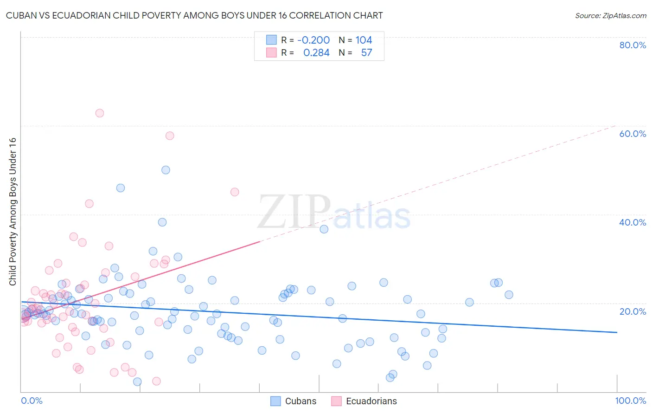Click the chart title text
194,15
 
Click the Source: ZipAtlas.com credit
610,15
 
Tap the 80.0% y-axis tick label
633,45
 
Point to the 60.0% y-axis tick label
633,134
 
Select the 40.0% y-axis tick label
633,222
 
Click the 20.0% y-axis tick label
633,311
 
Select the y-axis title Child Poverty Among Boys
13,212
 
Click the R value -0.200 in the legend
313,40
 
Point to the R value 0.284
316,52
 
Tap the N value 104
364,40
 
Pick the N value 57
366,52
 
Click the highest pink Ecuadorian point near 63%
99,113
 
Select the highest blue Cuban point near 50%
166,170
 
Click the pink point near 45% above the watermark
235,192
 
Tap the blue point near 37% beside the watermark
324,229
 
